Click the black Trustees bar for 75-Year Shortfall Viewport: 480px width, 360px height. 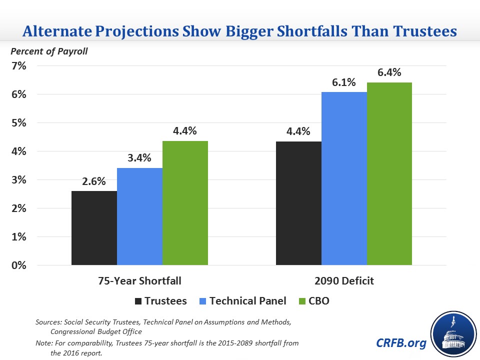pos(94,228)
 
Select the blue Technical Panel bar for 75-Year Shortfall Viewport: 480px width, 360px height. pos(139,216)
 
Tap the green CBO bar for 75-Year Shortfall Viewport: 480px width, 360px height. pos(185,203)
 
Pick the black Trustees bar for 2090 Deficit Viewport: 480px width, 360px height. pos(298,203)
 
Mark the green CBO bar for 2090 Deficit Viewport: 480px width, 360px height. pos(389,174)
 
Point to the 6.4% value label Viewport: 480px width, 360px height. pos(389,72)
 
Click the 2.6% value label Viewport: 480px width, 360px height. pos(94,181)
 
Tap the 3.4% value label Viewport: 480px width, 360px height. pos(139,158)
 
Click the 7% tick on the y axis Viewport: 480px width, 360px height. pos(19,65)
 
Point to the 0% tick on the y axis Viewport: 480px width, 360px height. pos(19,265)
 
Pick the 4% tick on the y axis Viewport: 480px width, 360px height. pos(19,151)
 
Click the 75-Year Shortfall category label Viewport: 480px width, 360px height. pos(139,281)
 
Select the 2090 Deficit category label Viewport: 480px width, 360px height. pos(344,281)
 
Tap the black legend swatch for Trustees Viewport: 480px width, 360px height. pos(138,301)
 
